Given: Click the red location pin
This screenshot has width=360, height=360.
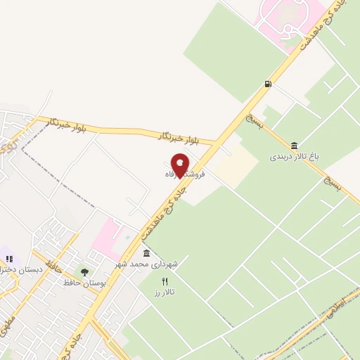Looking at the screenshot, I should tap(181, 165).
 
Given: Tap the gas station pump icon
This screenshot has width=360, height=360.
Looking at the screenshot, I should tap(268, 84).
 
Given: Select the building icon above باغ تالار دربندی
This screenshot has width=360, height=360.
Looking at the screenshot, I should tap(293, 145).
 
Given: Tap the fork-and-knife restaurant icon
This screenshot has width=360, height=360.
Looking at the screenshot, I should tap(165, 281).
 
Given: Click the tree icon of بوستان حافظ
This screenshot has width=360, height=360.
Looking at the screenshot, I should tap(85, 271).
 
